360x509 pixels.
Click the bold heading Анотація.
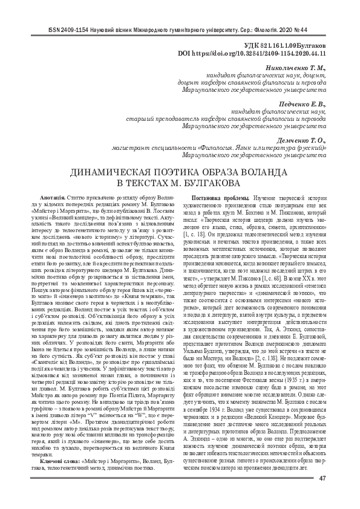(x=53, y=199)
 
